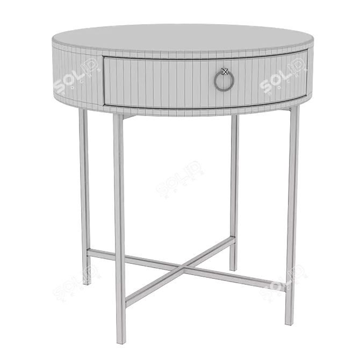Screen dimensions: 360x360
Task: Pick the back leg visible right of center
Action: click(234, 188)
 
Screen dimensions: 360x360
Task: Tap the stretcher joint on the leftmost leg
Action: click(86, 250)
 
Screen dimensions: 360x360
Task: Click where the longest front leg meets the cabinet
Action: click(117, 115)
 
